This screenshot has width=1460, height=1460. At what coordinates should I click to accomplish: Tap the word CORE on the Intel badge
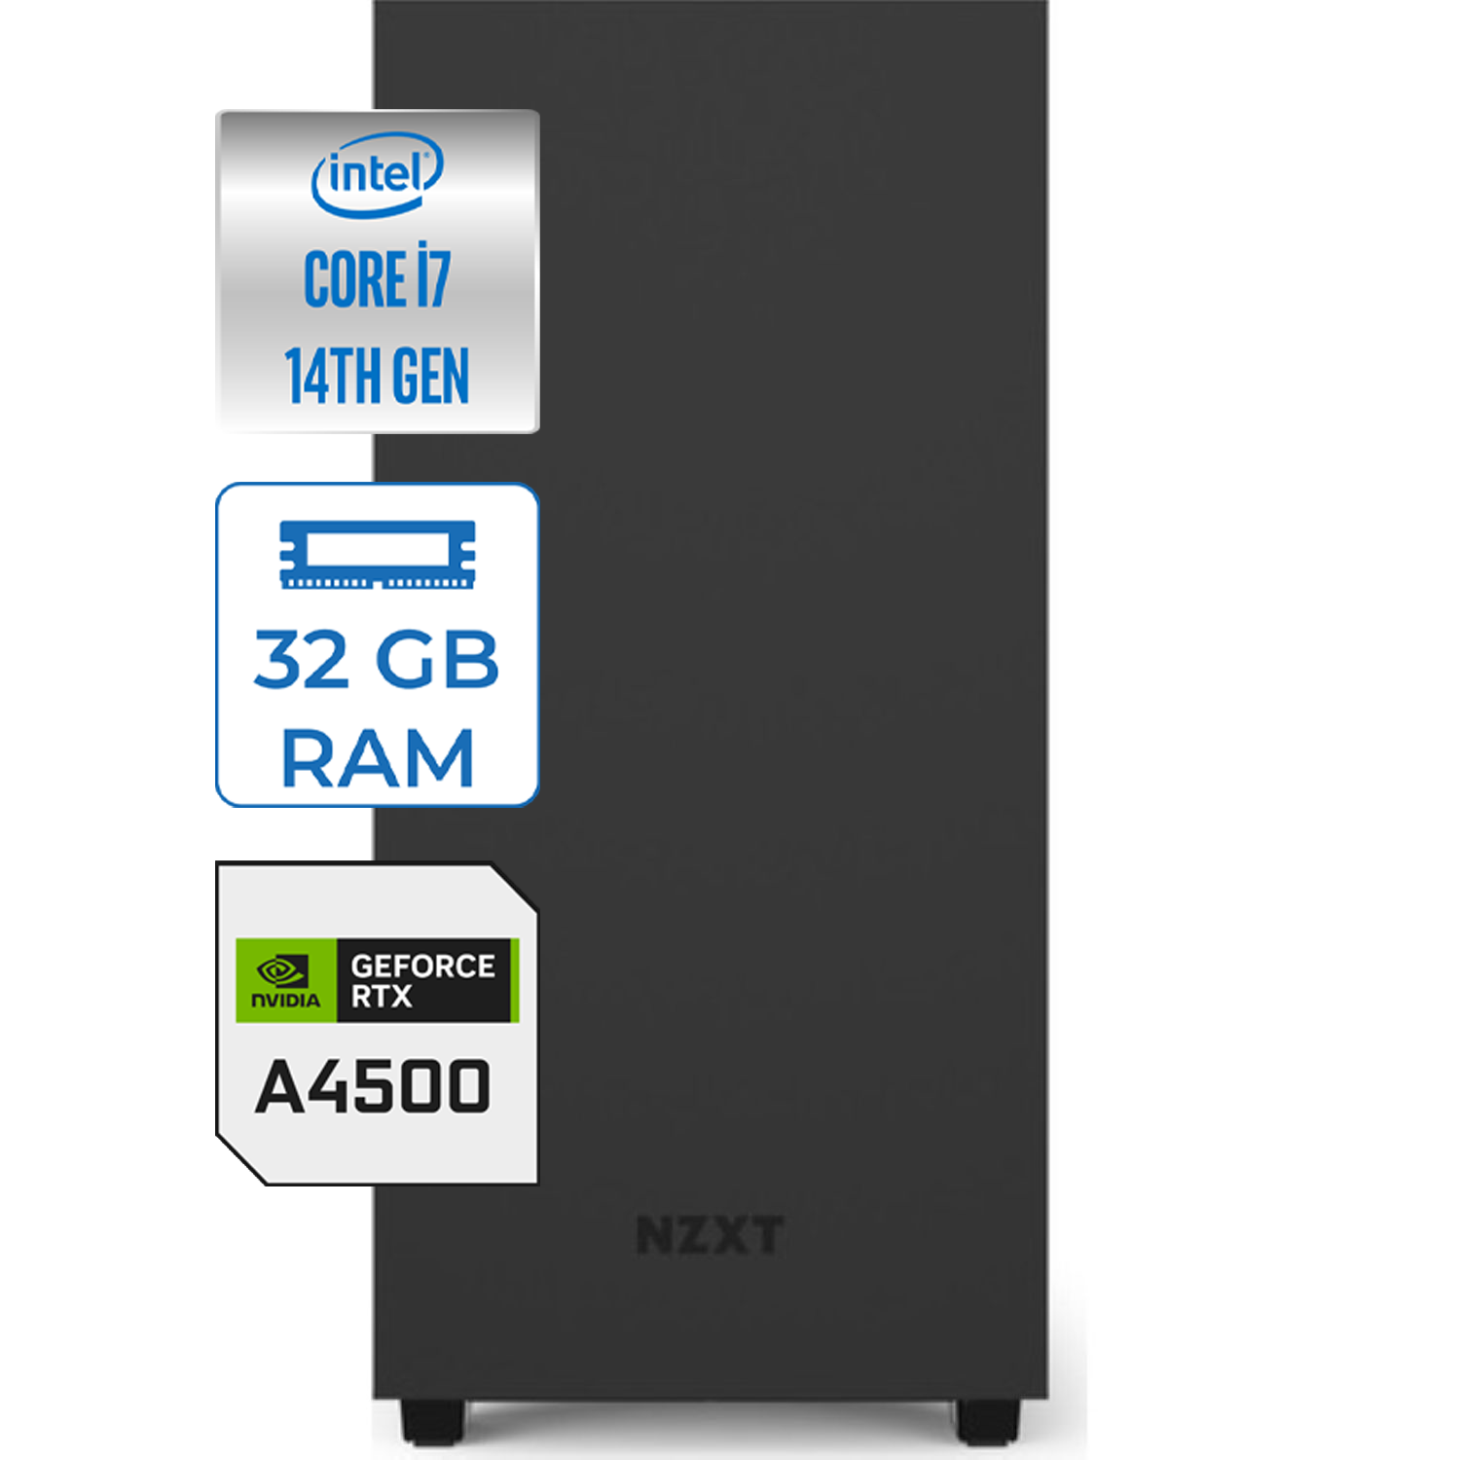pyautogui.click(x=355, y=280)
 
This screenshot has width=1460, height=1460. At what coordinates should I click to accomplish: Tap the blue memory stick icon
pyautogui.click(x=378, y=555)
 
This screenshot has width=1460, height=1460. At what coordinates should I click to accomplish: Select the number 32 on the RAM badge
pyautogui.click(x=300, y=660)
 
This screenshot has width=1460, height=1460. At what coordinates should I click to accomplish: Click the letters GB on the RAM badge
pyautogui.click(x=437, y=660)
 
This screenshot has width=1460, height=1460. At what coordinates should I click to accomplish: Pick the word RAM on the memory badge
pyautogui.click(x=378, y=757)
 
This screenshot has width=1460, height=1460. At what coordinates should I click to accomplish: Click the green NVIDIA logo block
pyautogui.click(x=286, y=980)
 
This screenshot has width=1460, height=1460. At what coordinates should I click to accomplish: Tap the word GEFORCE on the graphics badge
pyautogui.click(x=423, y=967)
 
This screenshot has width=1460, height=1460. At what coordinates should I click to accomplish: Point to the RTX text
pyautogui.click(x=382, y=997)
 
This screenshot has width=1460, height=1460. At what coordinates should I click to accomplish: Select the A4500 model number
pyautogui.click(x=373, y=1087)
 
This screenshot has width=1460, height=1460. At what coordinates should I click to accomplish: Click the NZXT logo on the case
pyautogui.click(x=710, y=1236)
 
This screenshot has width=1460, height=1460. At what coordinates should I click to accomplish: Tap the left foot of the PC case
pyautogui.click(x=432, y=1421)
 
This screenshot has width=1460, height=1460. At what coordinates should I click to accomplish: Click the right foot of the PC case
pyautogui.click(x=988, y=1421)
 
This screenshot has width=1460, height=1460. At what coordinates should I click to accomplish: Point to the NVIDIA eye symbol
pyautogui.click(x=282, y=970)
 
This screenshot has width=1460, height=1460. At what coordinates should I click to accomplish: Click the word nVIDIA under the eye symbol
pyautogui.click(x=286, y=1001)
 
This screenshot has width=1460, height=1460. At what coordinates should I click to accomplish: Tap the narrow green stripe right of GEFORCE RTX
pyautogui.click(x=515, y=980)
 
